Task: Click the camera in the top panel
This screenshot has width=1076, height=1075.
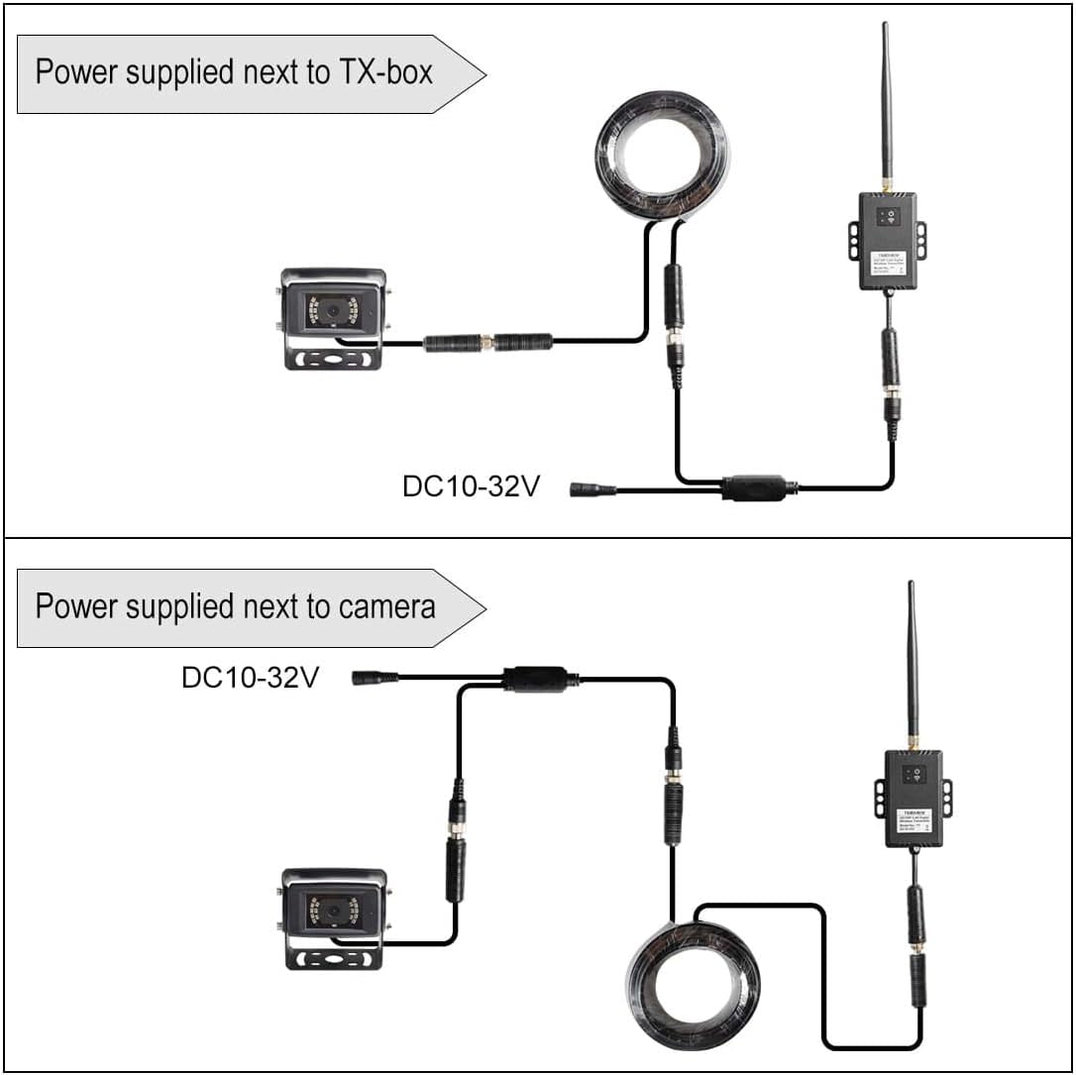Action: click(332, 316)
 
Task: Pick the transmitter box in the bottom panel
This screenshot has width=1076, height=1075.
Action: click(913, 798)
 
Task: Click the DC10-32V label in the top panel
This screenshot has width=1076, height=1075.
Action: click(471, 487)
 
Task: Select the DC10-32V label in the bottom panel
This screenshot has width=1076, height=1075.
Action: click(250, 678)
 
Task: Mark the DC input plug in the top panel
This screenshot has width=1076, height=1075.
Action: click(592, 488)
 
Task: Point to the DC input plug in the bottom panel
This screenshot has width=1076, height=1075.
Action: click(375, 678)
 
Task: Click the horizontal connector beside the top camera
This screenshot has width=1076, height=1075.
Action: click(487, 343)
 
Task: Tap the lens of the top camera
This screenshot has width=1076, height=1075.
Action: click(334, 310)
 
